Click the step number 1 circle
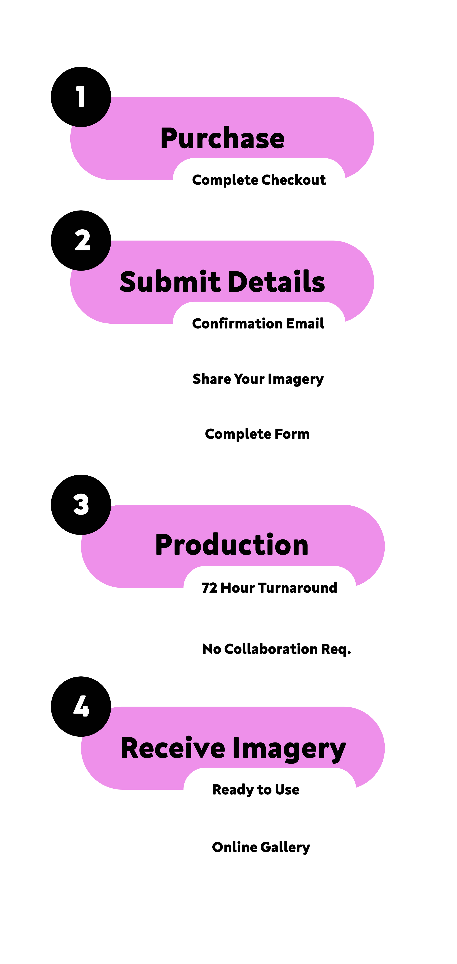81,97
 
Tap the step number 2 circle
81,240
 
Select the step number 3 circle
81,504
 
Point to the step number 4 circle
81,706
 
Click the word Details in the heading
277,282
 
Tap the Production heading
232,545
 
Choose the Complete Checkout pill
259,180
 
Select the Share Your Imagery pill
259,379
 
